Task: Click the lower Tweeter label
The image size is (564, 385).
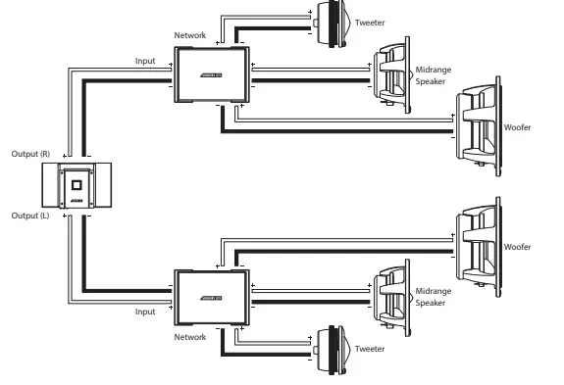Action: [x=369, y=349]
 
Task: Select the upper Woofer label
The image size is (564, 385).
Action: [x=517, y=127]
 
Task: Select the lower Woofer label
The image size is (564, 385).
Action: [x=517, y=248]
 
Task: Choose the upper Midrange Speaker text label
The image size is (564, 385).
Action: [x=434, y=76]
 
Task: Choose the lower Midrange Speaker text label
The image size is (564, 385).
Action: [x=434, y=297]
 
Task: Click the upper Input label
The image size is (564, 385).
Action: [x=145, y=61]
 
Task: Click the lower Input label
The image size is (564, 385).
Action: [x=145, y=312]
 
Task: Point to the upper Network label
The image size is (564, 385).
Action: [x=190, y=35]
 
